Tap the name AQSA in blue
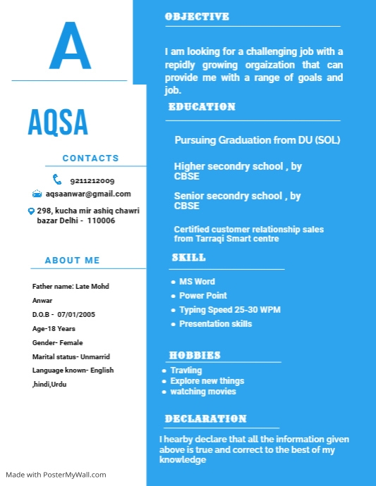[58, 123]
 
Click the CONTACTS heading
[90, 158]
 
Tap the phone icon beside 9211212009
[57, 180]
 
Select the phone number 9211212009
[92, 181]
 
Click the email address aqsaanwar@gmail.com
[88, 194]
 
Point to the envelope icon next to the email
[37, 194]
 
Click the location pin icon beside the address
[31, 211]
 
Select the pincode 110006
[101, 220]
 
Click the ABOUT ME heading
[72, 261]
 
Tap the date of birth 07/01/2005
[76, 314]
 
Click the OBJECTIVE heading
[197, 16]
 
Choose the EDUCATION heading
[202, 107]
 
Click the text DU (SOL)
[317, 140]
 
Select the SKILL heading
[189, 258]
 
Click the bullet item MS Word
[197, 282]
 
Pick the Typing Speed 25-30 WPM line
[230, 310]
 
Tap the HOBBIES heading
[195, 356]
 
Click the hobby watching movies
[203, 392]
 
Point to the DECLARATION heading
[205, 419]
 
